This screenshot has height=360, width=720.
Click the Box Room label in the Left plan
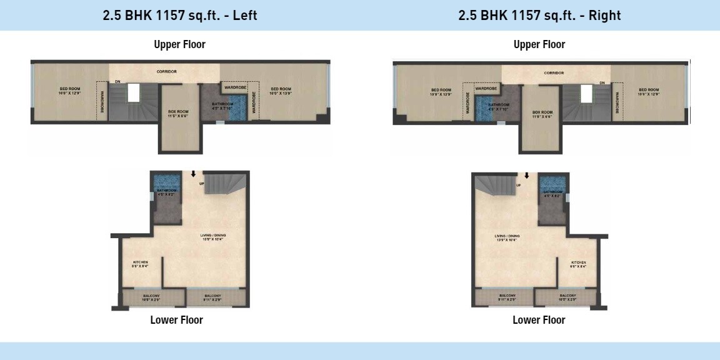pyautogui.click(x=178, y=113)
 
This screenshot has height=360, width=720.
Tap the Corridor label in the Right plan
pyautogui.click(x=554, y=73)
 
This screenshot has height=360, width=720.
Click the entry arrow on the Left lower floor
pyautogui.click(x=194, y=174)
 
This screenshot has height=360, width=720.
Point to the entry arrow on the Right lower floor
pyautogui.click(x=527, y=176)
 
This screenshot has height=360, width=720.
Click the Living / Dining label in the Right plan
pyautogui.click(x=507, y=237)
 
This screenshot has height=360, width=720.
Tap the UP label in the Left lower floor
pyautogui.click(x=201, y=184)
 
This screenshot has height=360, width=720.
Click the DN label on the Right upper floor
pyautogui.click(x=602, y=82)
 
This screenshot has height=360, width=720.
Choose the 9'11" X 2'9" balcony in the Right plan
pyautogui.click(x=507, y=298)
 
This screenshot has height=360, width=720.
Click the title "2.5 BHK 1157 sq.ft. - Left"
pyautogui.click(x=180, y=16)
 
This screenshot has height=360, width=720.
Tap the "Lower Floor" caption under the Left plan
pyautogui.click(x=176, y=320)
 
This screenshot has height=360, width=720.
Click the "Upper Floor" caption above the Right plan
pyautogui.click(x=539, y=44)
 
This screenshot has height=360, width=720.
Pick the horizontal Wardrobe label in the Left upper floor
pyautogui.click(x=236, y=87)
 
